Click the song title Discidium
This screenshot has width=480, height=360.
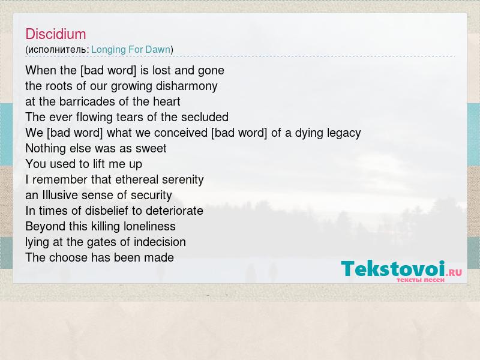pyautogui.click(x=56, y=34)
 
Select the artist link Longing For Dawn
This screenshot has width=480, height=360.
pyautogui.click(x=131, y=50)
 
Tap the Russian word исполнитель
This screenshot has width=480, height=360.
pyautogui.click(x=58, y=50)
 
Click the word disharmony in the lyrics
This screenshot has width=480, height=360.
pyautogui.click(x=187, y=86)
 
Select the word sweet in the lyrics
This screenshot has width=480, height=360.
pyautogui.click(x=151, y=148)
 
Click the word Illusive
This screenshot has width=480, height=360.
pyautogui.click(x=60, y=195)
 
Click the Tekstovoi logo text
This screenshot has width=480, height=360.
pyautogui.click(x=393, y=269)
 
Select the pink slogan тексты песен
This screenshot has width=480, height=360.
pyautogui.click(x=421, y=280)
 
